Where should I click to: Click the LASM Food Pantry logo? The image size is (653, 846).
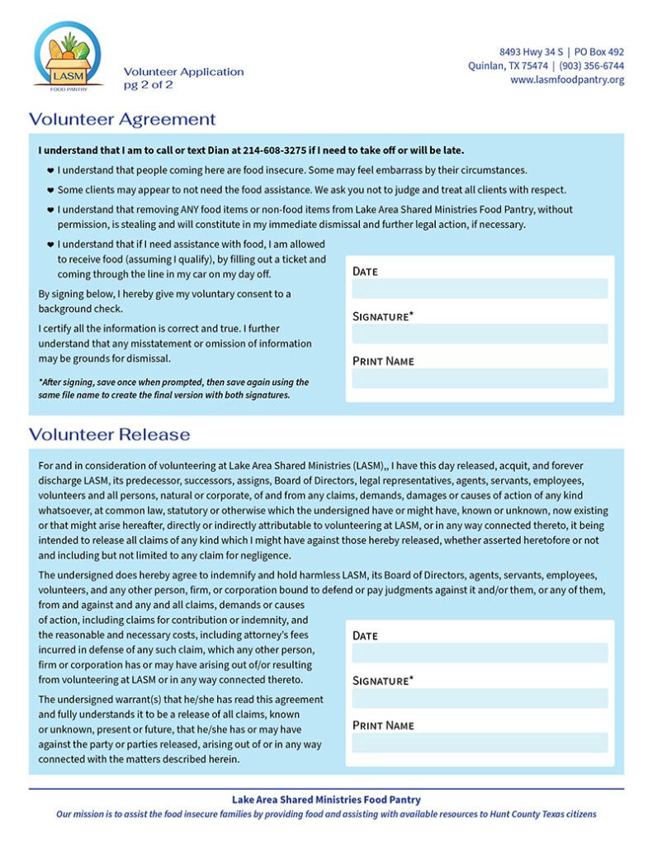[69, 55]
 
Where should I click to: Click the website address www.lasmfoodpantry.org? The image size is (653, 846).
[567, 80]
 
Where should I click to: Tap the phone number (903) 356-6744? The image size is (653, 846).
[591, 66]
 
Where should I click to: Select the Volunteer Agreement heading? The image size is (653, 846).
[122, 119]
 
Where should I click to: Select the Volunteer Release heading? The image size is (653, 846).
[109, 435]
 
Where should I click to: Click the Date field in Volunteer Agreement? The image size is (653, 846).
[480, 289]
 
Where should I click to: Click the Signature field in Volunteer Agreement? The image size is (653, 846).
[480, 334]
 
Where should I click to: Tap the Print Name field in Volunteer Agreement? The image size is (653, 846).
[480, 378]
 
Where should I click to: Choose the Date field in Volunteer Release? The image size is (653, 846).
[480, 654]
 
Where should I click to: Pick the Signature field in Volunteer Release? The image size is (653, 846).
[480, 698]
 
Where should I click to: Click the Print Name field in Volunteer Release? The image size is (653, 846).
[480, 743]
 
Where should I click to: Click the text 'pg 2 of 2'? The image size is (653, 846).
[149, 85]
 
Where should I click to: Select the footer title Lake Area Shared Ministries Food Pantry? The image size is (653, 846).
[326, 800]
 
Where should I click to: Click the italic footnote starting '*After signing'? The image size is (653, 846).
[173, 388]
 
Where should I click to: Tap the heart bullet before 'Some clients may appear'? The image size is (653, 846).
[50, 190]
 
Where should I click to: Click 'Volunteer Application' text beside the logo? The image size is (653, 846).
[183, 72]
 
